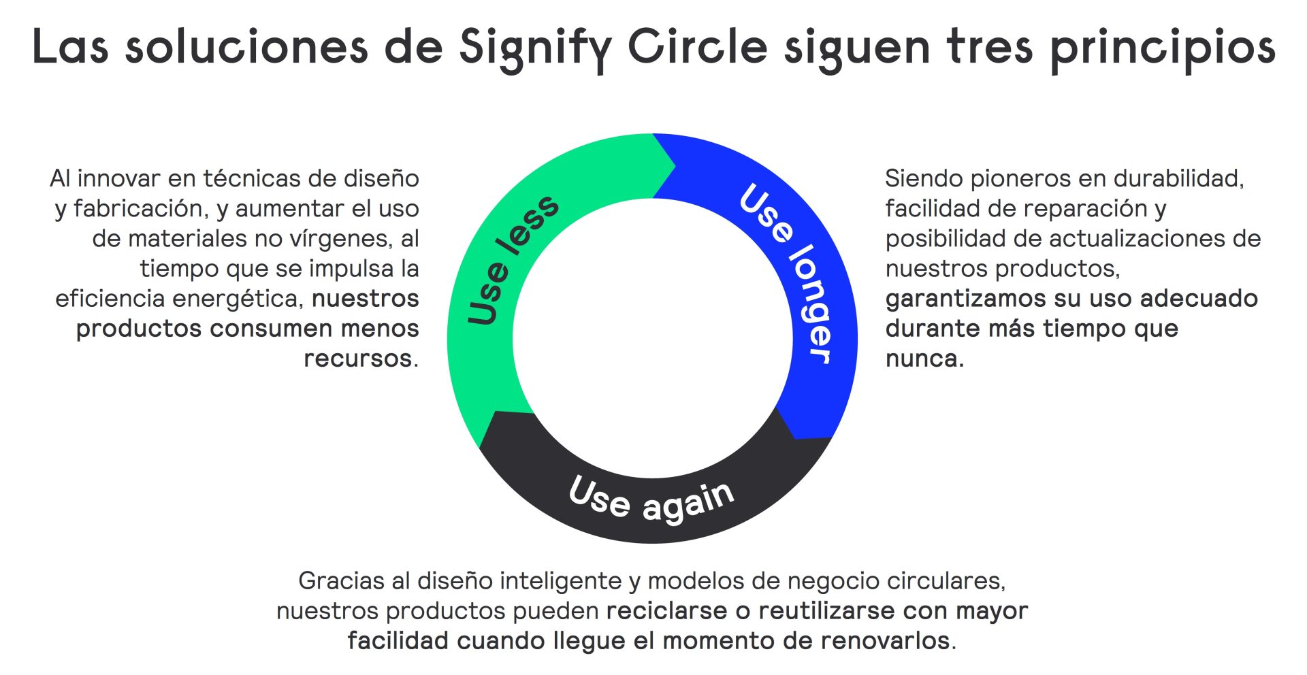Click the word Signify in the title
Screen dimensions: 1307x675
click(536, 48)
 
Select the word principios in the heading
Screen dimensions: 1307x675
click(1162, 49)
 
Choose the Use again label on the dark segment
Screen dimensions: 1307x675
click(651, 500)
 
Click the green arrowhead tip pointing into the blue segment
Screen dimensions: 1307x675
click(675, 165)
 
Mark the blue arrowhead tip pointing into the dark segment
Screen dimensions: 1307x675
click(795, 439)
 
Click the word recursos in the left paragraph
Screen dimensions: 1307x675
click(357, 359)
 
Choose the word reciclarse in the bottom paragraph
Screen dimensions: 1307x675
click(666, 611)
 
